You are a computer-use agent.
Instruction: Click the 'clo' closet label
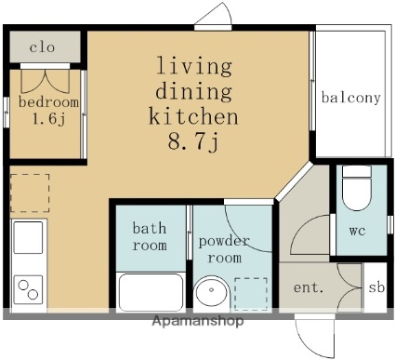click(42, 47)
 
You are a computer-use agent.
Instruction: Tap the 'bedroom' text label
click(48, 102)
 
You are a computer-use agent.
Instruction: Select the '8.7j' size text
click(194, 141)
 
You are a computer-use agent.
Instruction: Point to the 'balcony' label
click(350, 98)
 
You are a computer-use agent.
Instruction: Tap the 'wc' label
click(357, 231)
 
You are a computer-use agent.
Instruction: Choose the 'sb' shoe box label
click(376, 287)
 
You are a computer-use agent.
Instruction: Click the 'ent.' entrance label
click(309, 287)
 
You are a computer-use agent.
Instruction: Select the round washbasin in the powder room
click(212, 291)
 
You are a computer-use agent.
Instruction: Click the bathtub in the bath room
click(151, 292)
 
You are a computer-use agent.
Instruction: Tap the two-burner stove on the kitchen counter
click(28, 289)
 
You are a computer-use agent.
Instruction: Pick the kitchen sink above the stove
click(28, 237)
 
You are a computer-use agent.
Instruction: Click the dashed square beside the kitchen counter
click(30, 193)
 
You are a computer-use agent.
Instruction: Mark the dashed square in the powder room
click(251, 294)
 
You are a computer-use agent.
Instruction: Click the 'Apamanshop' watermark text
click(198, 321)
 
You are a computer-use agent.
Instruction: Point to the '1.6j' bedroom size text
click(49, 119)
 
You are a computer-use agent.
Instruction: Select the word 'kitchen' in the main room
click(194, 116)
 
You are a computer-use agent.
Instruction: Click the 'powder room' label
click(224, 249)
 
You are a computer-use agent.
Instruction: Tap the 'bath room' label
click(150, 236)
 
